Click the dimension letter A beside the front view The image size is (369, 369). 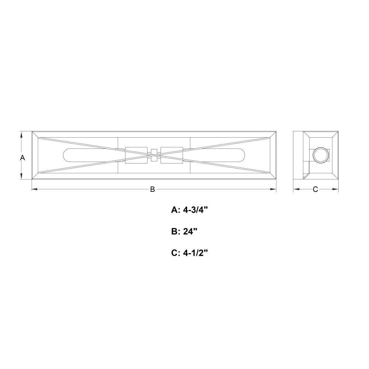[23, 158]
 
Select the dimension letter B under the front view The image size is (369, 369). [152, 189]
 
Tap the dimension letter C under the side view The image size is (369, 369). [315, 189]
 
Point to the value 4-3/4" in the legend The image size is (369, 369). [196, 210]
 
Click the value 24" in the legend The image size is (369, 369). [190, 232]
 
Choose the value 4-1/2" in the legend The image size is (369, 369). [196, 253]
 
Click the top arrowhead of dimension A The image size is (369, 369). [21, 135]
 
